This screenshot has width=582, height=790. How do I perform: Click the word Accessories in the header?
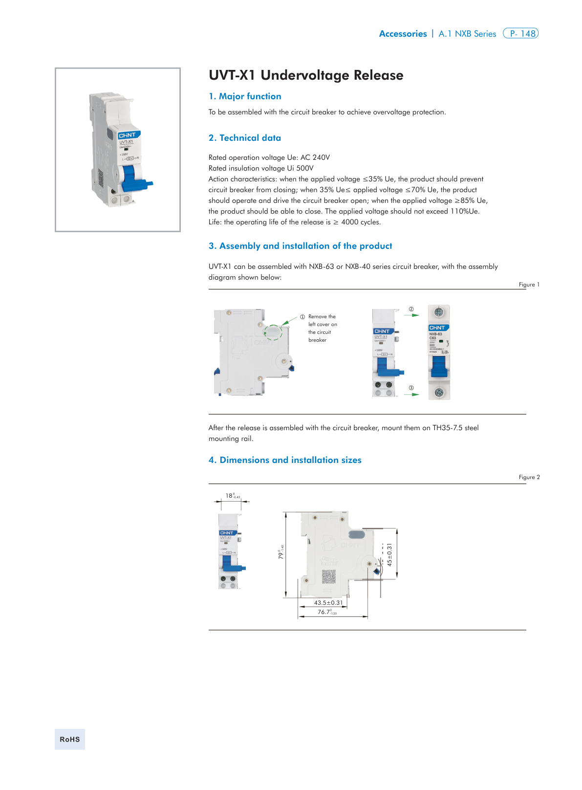(x=403, y=34)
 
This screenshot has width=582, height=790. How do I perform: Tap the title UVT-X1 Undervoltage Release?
(x=306, y=75)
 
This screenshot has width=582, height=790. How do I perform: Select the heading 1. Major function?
(x=245, y=96)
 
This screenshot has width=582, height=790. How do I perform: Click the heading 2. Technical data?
(x=245, y=138)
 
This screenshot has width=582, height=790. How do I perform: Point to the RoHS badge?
(x=70, y=739)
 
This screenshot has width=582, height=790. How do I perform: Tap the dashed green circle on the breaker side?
(x=273, y=332)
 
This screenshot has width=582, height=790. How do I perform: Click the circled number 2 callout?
(x=411, y=309)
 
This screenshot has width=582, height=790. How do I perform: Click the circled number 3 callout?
(x=411, y=388)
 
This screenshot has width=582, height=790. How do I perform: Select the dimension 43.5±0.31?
(x=328, y=603)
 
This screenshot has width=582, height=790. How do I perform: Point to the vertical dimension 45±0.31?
(x=389, y=554)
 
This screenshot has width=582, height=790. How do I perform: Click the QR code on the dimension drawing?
(x=328, y=576)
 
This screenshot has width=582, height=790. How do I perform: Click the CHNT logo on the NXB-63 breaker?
(x=438, y=328)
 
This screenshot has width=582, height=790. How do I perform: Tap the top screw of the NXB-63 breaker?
(x=438, y=312)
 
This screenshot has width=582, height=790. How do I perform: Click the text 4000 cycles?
(x=360, y=222)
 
